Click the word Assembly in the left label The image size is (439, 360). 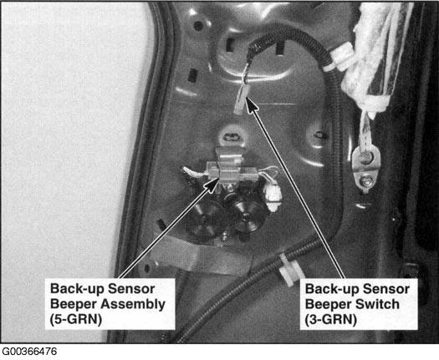point(133,305)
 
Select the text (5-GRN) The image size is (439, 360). point(76,320)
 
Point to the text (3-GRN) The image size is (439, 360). point(331,320)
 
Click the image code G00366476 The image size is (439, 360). point(29,352)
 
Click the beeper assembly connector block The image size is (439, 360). point(228,168)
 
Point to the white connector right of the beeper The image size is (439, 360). point(273,195)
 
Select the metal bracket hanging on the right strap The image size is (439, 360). point(366,168)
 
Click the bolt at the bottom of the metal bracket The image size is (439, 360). point(365,182)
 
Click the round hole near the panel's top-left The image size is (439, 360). point(198,26)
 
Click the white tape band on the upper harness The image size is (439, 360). point(339,58)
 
